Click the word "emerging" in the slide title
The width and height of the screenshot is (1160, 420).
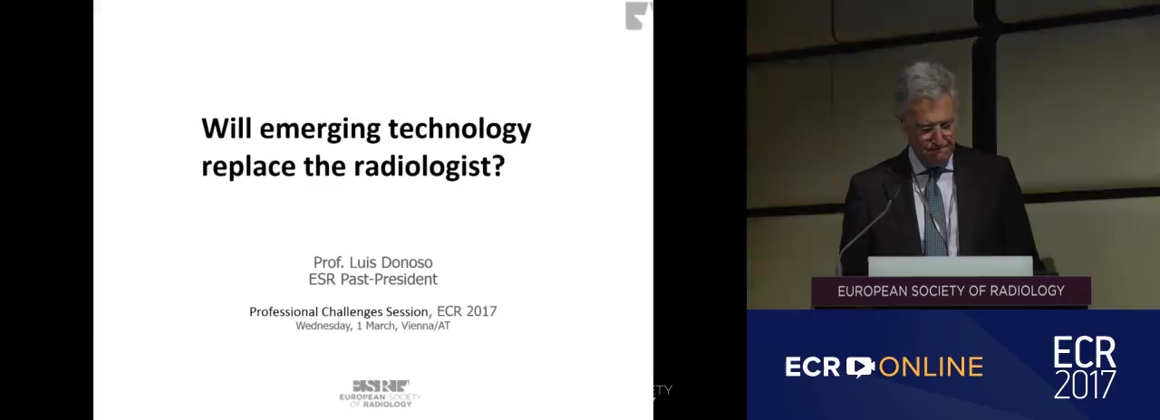pos(320,129)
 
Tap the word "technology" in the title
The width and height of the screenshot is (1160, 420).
pos(459,129)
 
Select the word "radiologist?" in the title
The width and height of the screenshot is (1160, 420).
pos(430,167)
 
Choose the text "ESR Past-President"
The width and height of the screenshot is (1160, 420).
pos(372,280)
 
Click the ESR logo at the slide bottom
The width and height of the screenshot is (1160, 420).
pos(380,394)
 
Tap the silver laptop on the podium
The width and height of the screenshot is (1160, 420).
pos(950,266)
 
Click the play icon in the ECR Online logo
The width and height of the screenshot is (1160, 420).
pos(860,367)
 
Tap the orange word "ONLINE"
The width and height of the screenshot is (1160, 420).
pos(931,367)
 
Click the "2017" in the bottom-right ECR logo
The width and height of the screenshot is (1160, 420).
pos(1085,385)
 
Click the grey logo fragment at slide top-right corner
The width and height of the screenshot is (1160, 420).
pos(639,15)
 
